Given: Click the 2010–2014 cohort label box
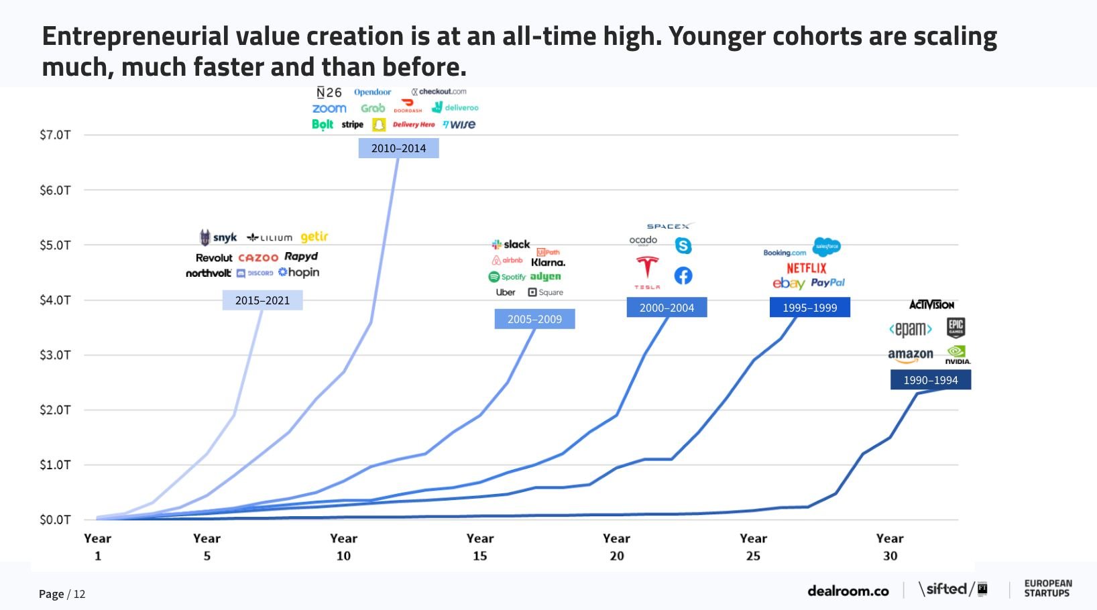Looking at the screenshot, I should [398, 148].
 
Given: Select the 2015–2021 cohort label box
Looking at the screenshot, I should [262, 300].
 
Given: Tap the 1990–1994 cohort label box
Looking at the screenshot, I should [930, 380].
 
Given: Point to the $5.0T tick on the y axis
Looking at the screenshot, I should [55, 245].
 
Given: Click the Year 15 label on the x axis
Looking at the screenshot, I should [480, 547].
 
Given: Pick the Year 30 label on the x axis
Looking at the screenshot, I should [890, 547].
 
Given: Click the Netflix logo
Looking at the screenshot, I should [806, 268].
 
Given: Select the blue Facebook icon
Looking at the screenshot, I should [683, 276].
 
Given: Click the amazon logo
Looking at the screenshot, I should [910, 355].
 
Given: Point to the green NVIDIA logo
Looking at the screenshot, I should [957, 354].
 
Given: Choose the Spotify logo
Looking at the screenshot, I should [507, 277].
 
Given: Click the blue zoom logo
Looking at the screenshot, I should [329, 109].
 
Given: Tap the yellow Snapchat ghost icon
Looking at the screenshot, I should [379, 125].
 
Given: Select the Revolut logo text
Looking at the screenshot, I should [214, 258].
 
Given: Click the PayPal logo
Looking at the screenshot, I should [827, 283].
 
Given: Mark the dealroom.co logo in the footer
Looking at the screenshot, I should [848, 591].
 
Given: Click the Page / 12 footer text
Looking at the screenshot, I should [62, 594].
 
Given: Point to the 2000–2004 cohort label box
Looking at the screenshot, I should [667, 308].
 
